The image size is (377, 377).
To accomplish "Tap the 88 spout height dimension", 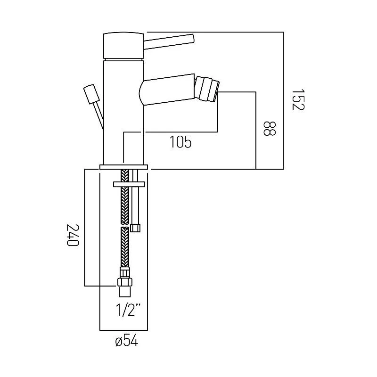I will tap(269, 129).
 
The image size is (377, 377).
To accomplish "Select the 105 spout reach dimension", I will tap(180, 142).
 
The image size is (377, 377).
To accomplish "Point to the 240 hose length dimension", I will tap(72, 235).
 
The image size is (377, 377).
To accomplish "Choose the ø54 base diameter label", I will tap(126, 342).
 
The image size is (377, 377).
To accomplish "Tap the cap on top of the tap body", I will tap(123, 45).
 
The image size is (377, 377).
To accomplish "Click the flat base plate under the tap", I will tap(123, 166).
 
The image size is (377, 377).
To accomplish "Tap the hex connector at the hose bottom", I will tap(125, 281).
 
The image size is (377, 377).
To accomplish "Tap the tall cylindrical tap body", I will tap(123, 113).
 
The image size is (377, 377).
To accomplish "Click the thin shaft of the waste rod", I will tap(98, 115).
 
